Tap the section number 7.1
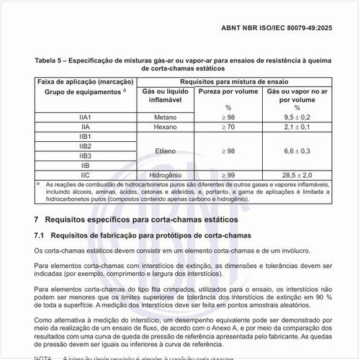tap(40, 235)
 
